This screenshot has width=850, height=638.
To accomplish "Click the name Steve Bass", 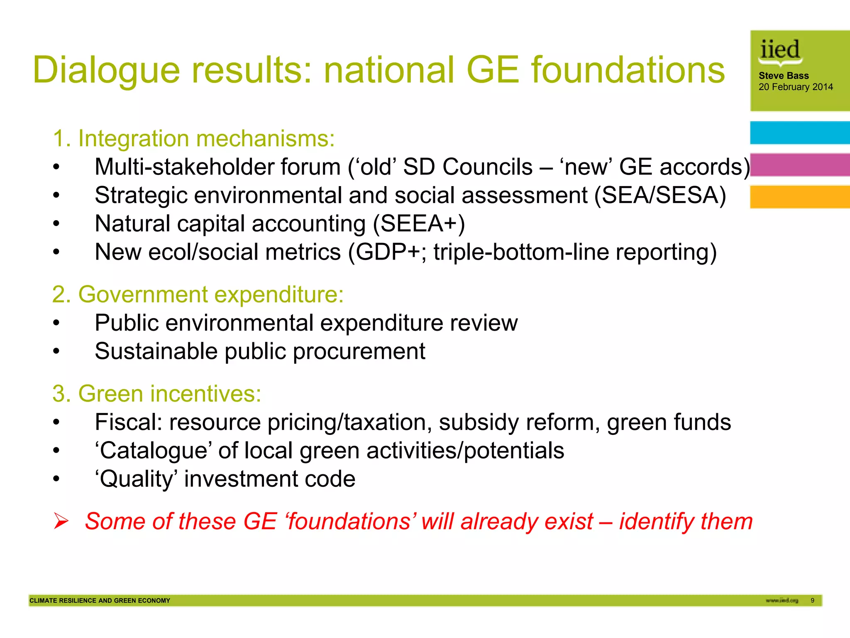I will point(784,76).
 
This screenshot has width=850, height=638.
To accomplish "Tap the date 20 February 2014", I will point(796,87).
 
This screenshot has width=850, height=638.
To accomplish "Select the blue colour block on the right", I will point(800,133).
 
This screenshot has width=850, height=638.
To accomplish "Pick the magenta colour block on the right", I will point(800,165).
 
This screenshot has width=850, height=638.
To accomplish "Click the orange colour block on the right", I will point(800,197).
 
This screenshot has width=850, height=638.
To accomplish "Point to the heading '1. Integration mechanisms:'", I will point(194,138).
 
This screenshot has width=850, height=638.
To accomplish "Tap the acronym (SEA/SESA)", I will point(660,195).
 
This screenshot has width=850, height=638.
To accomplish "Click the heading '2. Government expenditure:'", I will point(198,294).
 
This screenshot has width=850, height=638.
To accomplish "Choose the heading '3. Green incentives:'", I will point(157,393).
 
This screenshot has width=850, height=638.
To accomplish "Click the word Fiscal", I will point(129,422).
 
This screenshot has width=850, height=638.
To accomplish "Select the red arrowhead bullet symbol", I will point(61,521).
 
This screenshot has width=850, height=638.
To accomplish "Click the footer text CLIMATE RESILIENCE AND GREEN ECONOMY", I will point(100,601).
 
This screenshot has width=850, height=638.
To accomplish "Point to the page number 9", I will point(812,601).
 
